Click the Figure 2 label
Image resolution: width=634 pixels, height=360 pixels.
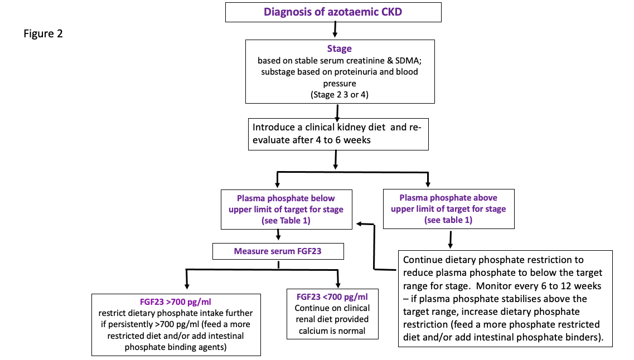[43, 34]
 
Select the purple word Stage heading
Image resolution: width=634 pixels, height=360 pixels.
[340, 48]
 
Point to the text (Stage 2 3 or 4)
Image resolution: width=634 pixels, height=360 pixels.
[339, 95]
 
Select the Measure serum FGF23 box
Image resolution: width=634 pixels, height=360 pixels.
[278, 251]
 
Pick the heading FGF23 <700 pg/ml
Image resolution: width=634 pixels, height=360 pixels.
[332, 296]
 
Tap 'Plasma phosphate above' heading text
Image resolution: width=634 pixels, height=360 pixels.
[448, 198]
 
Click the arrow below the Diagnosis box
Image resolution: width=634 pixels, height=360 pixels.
[335, 27]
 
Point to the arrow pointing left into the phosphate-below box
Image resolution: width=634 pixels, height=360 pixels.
[361, 223]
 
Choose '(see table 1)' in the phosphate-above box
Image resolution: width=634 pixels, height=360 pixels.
[448, 220]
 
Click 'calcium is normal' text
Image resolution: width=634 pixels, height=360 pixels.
[332, 330]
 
